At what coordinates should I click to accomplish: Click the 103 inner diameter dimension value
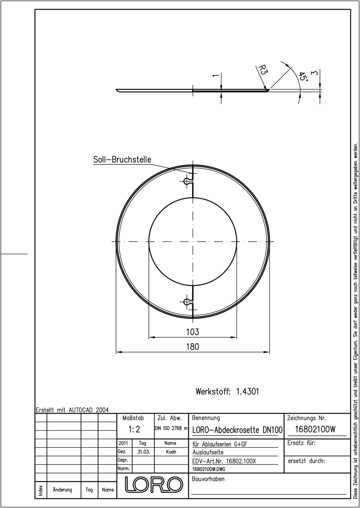point(193,332)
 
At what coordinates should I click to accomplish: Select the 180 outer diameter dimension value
point(193,347)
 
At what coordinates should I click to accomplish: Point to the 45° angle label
point(303,77)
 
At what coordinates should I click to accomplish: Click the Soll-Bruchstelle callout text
point(122,160)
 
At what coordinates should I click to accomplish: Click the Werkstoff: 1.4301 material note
point(227,392)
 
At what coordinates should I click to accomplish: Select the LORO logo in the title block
point(154,484)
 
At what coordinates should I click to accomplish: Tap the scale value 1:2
point(134,429)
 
